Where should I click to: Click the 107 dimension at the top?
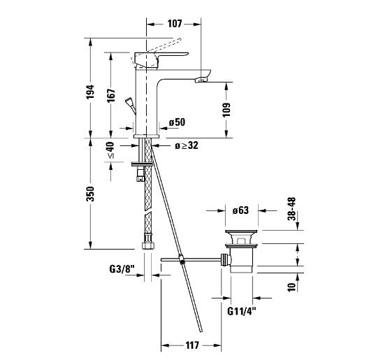(x=175, y=24)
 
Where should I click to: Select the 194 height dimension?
(x=91, y=92)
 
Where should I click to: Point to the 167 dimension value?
(x=111, y=96)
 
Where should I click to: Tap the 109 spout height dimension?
(x=226, y=110)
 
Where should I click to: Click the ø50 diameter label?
(x=177, y=122)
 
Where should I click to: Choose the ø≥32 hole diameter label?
(x=187, y=145)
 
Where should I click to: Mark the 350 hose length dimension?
(x=91, y=194)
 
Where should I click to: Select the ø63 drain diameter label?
(x=240, y=210)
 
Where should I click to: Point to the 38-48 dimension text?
(x=292, y=209)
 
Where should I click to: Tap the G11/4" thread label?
(x=242, y=311)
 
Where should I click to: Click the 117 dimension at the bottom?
(x=192, y=345)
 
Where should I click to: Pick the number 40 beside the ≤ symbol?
(x=110, y=147)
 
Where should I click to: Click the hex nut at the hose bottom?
(x=147, y=246)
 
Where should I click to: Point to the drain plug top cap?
(x=241, y=231)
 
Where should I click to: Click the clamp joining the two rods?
(x=182, y=259)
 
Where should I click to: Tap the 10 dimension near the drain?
(x=292, y=287)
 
